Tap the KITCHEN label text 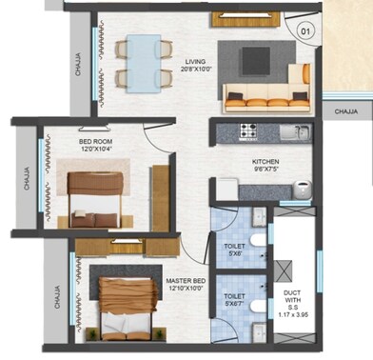pyautogui.click(x=265, y=163)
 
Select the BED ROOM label pyautogui.click(x=95, y=141)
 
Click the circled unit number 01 pyautogui.click(x=306, y=30)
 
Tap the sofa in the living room pyautogui.click(x=265, y=92)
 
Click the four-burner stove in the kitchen pyautogui.click(x=250, y=131)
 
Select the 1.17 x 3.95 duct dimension pyautogui.click(x=292, y=313)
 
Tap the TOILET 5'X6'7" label pyautogui.click(x=233, y=300)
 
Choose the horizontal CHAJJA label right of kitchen pyautogui.click(x=346, y=110)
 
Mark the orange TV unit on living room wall pyautogui.click(x=238, y=17)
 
